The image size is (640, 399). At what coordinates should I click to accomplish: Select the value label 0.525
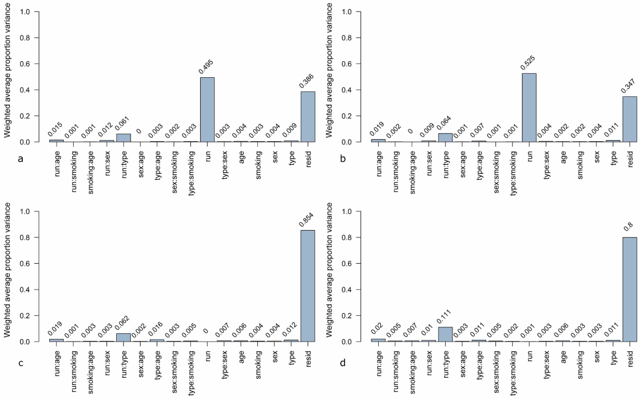(528, 63)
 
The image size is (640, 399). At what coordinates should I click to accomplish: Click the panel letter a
(21, 159)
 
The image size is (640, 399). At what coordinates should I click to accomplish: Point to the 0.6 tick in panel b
(347, 64)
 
